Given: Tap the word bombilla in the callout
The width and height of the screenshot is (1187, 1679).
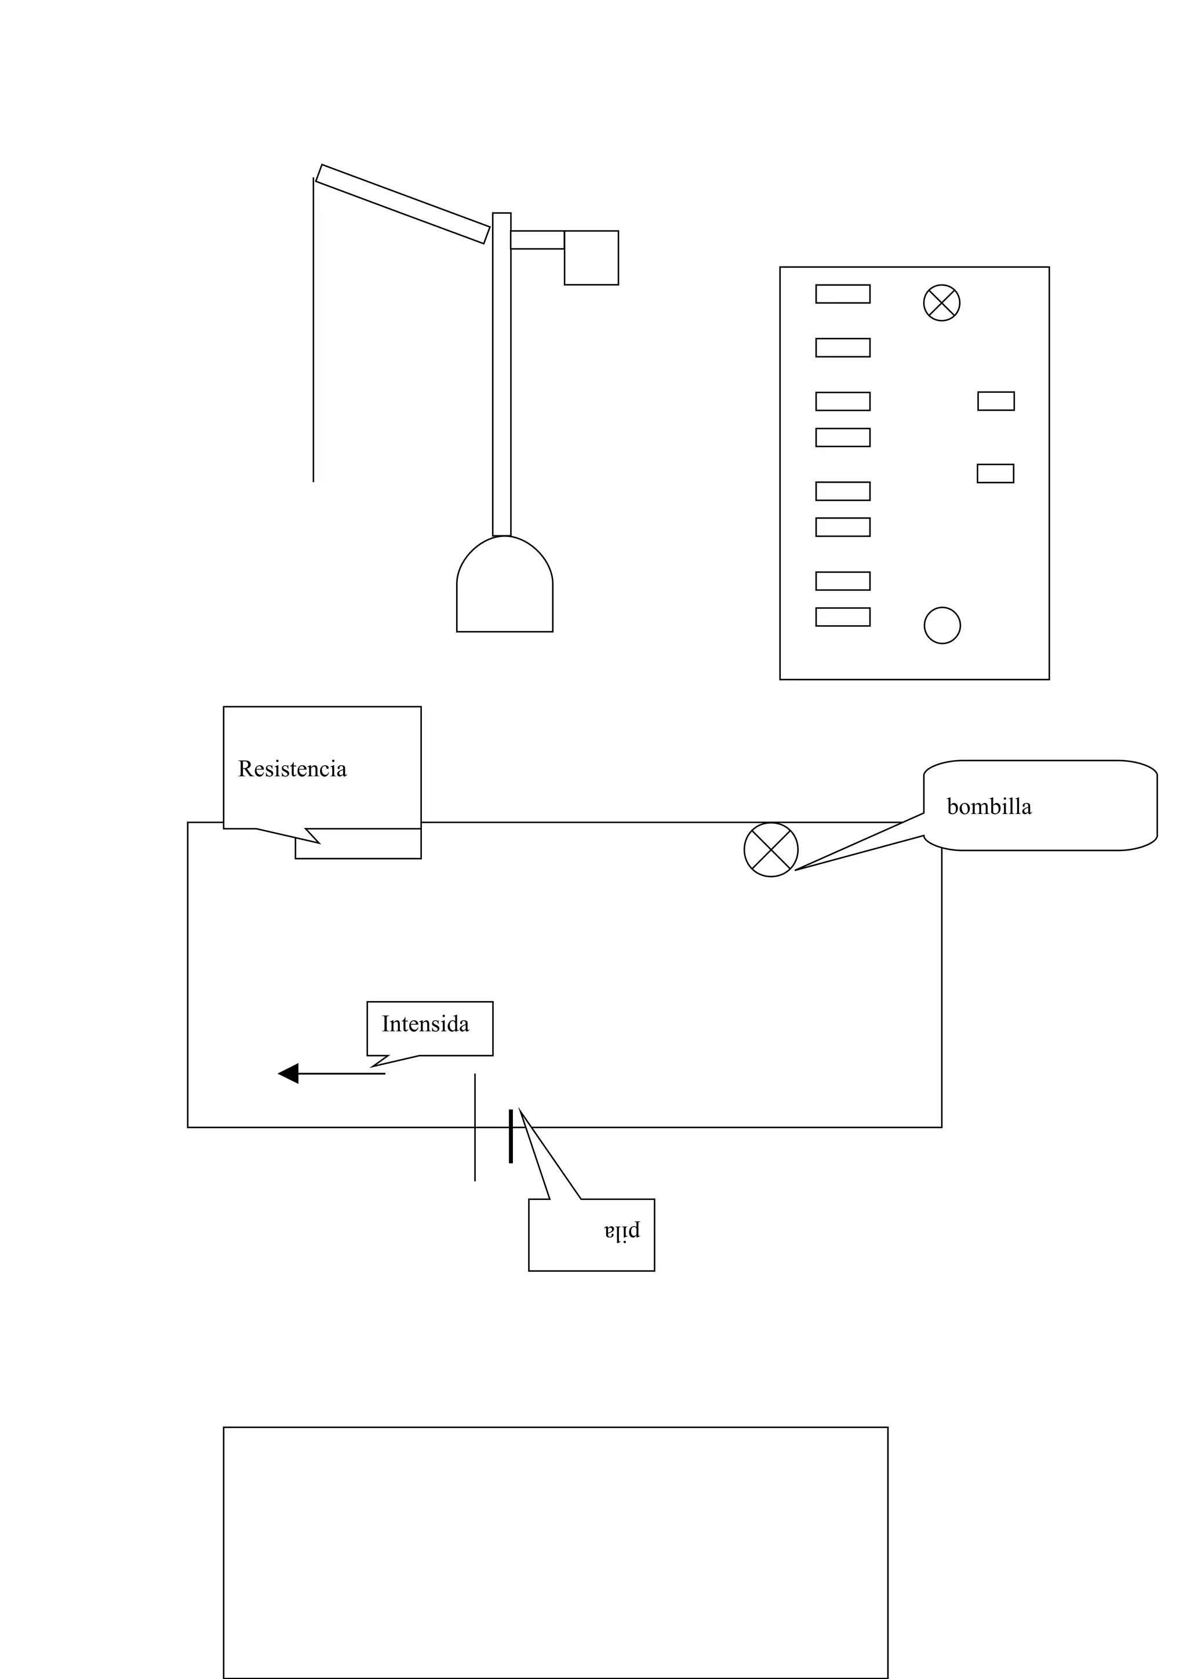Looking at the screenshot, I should pyautogui.click(x=989, y=807).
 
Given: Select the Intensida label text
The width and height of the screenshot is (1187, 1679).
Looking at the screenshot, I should pyautogui.click(x=425, y=1024).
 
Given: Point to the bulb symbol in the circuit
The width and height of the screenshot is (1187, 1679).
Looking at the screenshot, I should pyautogui.click(x=771, y=850).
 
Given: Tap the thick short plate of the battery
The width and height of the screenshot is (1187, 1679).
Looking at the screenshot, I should pyautogui.click(x=511, y=1136).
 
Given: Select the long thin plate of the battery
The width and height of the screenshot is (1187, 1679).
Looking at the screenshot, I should pyautogui.click(x=475, y=1126).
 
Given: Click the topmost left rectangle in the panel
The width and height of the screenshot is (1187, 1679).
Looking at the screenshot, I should pyautogui.click(x=843, y=294).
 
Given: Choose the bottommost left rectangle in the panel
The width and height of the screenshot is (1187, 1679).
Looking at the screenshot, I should pyautogui.click(x=843, y=617).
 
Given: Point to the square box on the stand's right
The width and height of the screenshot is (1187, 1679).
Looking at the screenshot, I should pyautogui.click(x=591, y=258).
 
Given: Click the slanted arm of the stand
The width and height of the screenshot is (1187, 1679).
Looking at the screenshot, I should pyautogui.click(x=402, y=204).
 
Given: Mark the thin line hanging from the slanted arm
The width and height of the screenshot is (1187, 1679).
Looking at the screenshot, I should pyautogui.click(x=314, y=329).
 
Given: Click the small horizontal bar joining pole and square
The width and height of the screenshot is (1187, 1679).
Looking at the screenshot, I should pyautogui.click(x=537, y=240).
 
